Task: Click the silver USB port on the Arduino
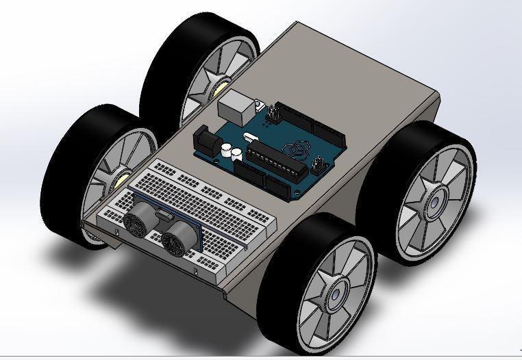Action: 234,105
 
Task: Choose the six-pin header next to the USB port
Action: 274,112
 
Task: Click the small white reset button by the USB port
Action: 259,105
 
